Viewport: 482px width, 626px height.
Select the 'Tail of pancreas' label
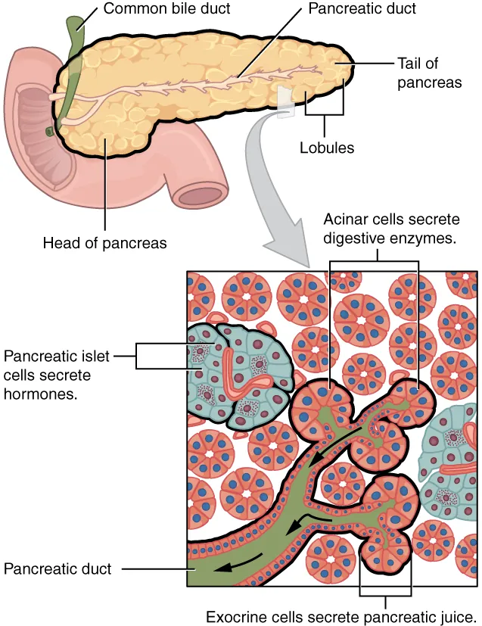pos(429,73)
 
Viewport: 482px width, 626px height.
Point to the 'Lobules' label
pos(326,148)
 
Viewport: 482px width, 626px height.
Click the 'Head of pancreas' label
pos(104,244)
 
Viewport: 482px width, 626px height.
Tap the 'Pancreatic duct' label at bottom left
pos(58,568)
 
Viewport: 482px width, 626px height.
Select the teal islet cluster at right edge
pos(452,462)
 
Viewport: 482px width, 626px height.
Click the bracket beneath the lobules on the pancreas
pos(325,116)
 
